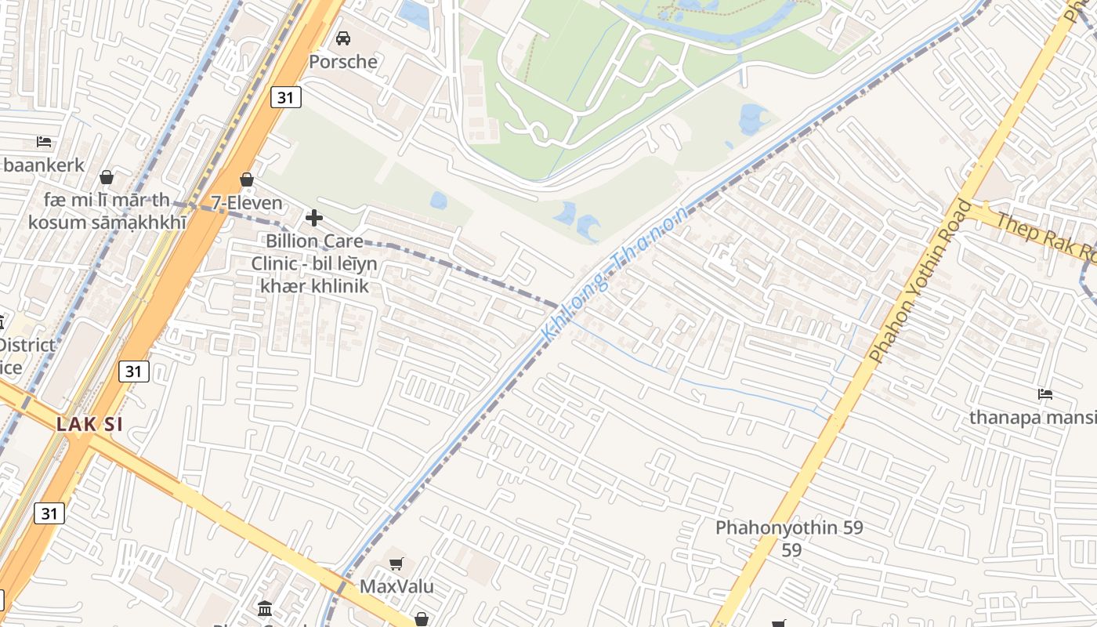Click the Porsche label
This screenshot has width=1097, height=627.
(342, 61)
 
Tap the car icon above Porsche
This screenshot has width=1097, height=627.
(342, 38)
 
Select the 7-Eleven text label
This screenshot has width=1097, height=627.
(246, 203)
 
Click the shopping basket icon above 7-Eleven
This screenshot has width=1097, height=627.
(246, 179)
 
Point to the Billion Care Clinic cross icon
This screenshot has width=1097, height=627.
(314, 217)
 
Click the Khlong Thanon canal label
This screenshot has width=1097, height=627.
(615, 273)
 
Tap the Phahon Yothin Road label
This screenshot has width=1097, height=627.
(921, 282)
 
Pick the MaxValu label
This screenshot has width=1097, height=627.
(396, 586)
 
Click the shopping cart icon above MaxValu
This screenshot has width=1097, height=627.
(396, 564)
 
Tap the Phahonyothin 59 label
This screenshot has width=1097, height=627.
(789, 528)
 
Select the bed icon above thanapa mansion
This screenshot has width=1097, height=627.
(1045, 393)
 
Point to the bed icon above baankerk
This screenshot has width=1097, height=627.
(44, 142)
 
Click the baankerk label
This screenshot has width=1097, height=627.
(43, 165)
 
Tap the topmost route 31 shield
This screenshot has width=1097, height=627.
(287, 97)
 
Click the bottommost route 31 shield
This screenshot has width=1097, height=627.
(49, 513)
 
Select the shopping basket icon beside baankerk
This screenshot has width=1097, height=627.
(107, 177)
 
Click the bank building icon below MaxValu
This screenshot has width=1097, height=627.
(265, 609)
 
